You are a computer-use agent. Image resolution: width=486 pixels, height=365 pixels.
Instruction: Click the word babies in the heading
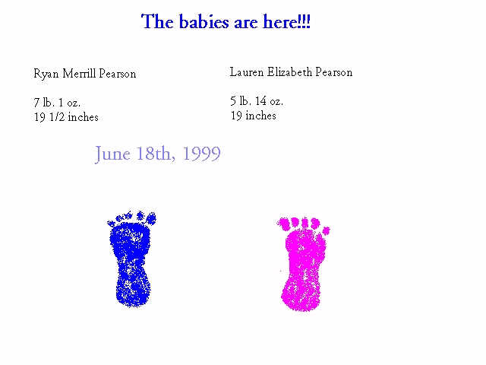(204, 22)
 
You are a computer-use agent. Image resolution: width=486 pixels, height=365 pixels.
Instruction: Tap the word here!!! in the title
(286, 22)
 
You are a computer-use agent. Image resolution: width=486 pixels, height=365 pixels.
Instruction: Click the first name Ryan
(46, 75)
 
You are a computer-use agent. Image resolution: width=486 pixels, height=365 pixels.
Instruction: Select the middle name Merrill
(79, 74)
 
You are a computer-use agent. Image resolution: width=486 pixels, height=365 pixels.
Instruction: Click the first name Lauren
(247, 72)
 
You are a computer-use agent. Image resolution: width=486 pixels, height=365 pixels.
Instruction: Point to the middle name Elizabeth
(289, 72)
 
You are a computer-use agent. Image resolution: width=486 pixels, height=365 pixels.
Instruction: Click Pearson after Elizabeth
(334, 72)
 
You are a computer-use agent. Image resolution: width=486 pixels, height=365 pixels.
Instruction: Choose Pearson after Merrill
(118, 74)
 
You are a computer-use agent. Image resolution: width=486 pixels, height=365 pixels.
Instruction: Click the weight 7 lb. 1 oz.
(57, 102)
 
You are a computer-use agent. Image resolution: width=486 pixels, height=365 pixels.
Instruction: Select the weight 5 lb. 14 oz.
(257, 101)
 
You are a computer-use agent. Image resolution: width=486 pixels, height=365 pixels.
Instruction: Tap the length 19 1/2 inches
(66, 117)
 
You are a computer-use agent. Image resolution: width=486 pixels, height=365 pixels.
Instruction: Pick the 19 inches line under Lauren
(253, 116)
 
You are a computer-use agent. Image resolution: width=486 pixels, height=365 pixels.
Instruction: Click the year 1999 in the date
(201, 154)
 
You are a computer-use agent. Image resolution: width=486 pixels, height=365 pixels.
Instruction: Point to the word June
(112, 154)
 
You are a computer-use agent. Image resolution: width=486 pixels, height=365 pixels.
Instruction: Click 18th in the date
(155, 154)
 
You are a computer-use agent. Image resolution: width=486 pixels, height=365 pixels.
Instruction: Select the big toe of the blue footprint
(151, 218)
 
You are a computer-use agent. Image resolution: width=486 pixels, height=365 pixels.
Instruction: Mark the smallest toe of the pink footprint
(327, 230)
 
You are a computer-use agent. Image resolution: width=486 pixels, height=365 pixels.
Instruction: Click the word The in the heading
(157, 22)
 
